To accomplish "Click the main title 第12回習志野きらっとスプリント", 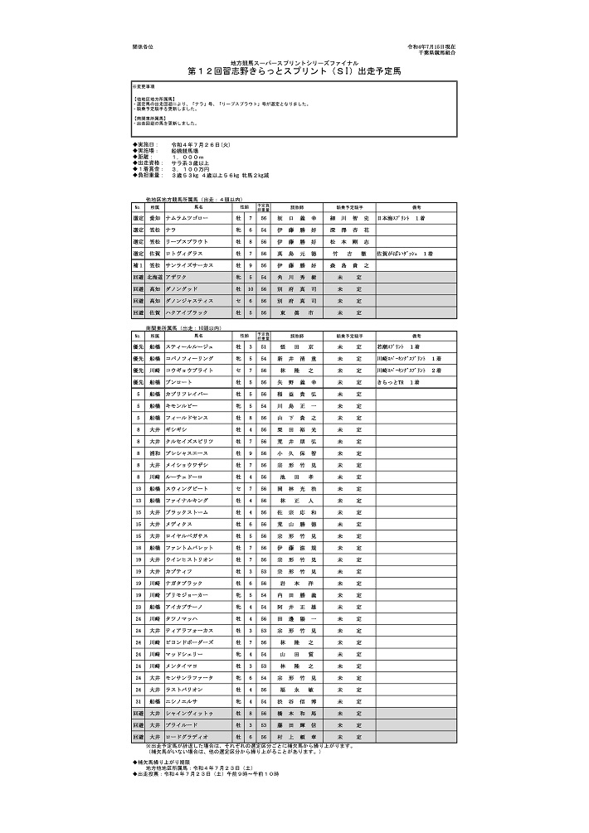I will pyautogui.click(x=294, y=72).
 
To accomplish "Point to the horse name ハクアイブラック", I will pyautogui.click(x=188, y=312).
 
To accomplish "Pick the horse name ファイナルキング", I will pyautogui.click(x=188, y=501).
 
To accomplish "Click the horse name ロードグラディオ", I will pyautogui.click(x=187, y=736).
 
